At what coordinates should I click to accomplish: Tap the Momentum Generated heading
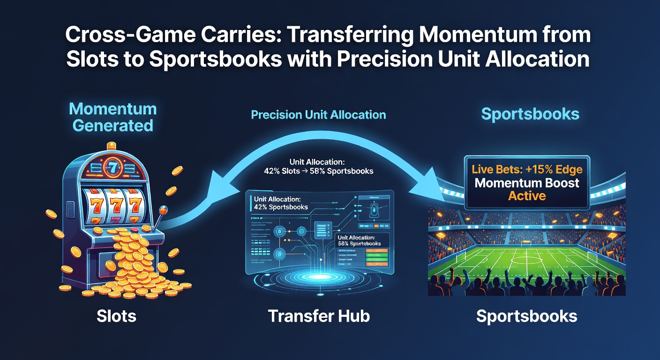click(x=112, y=117)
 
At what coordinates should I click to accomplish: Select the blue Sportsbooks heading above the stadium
click(x=530, y=114)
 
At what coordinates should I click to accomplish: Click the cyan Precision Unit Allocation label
click(x=318, y=115)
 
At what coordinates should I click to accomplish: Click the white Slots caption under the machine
click(x=116, y=316)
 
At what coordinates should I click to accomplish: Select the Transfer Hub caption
click(x=319, y=316)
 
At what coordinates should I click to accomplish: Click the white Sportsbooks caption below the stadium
click(x=526, y=316)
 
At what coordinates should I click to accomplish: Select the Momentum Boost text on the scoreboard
click(x=527, y=183)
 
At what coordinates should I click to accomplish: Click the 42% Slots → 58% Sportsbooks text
click(x=318, y=171)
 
